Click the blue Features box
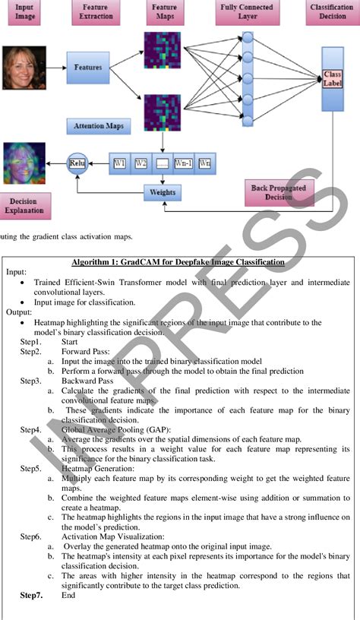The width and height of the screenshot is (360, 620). coord(87,68)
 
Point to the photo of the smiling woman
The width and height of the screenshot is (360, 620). coord(24,67)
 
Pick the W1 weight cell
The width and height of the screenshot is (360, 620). coord(121,162)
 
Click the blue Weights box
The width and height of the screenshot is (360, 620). coord(163,192)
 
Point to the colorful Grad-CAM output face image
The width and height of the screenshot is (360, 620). coord(24,161)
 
